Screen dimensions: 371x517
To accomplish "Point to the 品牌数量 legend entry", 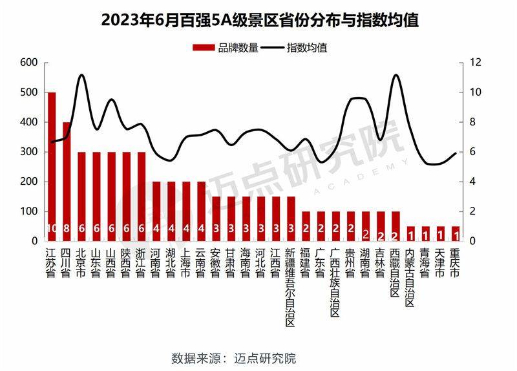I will [x=226, y=47].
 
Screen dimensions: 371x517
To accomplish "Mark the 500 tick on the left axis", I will [x=29, y=92].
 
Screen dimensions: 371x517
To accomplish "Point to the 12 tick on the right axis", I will [x=476, y=63].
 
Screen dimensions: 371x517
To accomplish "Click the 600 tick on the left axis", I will [x=29, y=63].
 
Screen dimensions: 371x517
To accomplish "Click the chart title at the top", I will [x=258, y=20].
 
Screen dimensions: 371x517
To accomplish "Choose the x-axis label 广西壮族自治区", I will [x=335, y=281].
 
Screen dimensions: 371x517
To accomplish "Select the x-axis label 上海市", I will [x=186, y=262].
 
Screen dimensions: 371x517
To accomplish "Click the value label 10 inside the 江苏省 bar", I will [x=52, y=228].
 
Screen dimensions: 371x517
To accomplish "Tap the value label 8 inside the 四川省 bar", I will [x=67, y=228].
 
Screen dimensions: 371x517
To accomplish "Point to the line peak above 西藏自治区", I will [x=396, y=76].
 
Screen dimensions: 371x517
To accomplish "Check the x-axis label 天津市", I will [x=440, y=262].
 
